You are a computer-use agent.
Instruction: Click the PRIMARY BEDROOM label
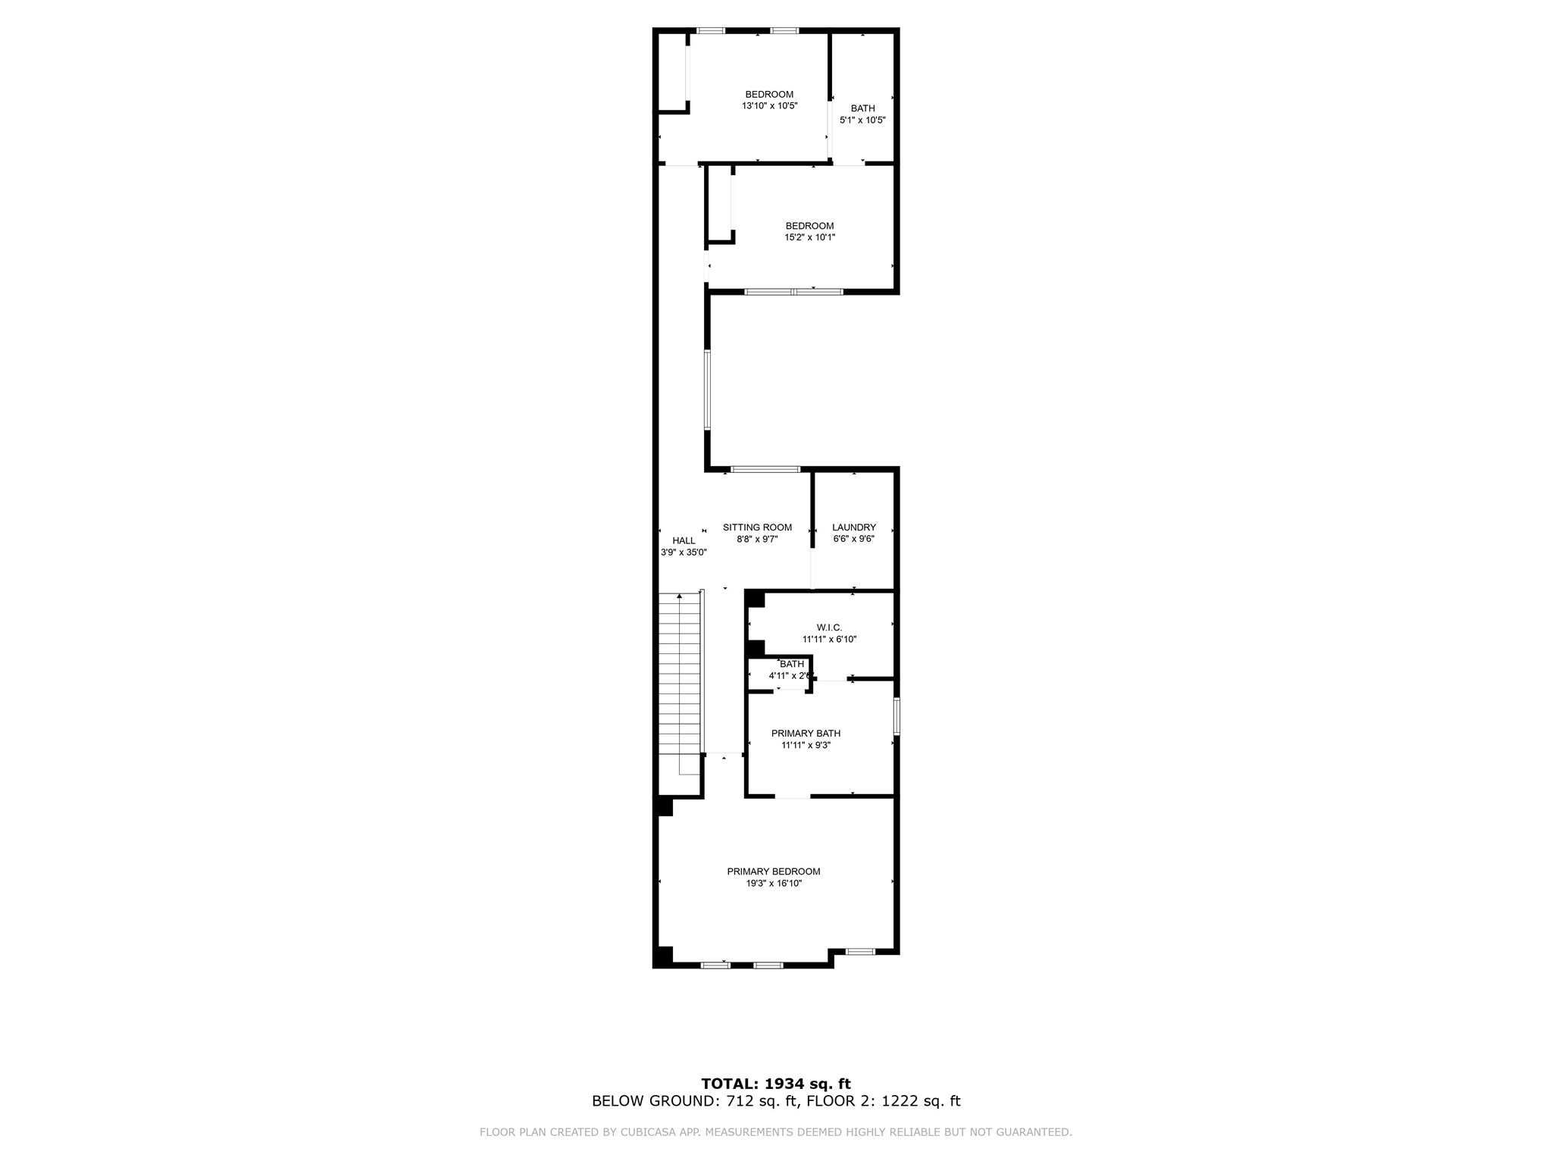pos(773,871)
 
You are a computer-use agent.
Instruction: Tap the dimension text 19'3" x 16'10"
pos(773,884)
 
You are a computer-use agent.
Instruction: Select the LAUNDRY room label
pos(853,527)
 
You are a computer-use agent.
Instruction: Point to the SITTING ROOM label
pos(757,527)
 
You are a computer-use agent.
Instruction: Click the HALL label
pos(684,540)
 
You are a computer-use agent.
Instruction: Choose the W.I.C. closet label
pos(829,627)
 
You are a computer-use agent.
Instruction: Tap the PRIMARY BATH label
pos(806,734)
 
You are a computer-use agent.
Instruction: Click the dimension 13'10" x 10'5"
pos(769,106)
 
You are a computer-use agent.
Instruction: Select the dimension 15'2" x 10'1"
pos(809,237)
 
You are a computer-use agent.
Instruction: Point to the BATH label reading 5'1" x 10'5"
pos(862,108)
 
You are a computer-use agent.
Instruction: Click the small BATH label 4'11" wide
pos(792,665)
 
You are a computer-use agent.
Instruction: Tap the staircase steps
pos(679,682)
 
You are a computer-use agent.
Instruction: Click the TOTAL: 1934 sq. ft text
pos(776,1084)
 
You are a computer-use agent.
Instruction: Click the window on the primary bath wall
pos(896,716)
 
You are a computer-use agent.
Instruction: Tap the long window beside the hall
pos(707,390)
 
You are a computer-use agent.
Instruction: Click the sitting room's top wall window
pos(765,470)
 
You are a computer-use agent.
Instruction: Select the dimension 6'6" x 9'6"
pos(853,540)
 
